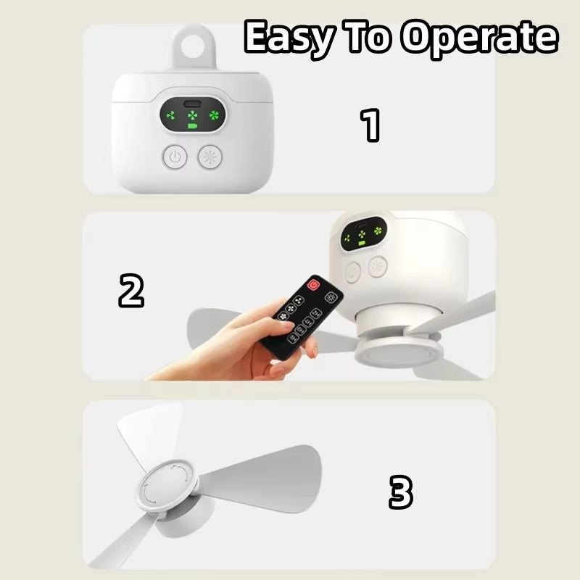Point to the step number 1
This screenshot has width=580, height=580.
[371, 125]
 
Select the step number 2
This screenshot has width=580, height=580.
[131, 291]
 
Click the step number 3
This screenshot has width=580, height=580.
[400, 493]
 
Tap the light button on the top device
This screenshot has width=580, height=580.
[211, 157]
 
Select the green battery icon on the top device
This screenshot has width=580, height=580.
[193, 127]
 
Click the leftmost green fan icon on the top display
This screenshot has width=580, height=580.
[171, 115]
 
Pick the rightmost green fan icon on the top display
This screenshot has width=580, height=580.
[214, 115]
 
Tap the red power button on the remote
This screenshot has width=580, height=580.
[314, 285]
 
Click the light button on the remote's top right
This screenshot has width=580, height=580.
[334, 297]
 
